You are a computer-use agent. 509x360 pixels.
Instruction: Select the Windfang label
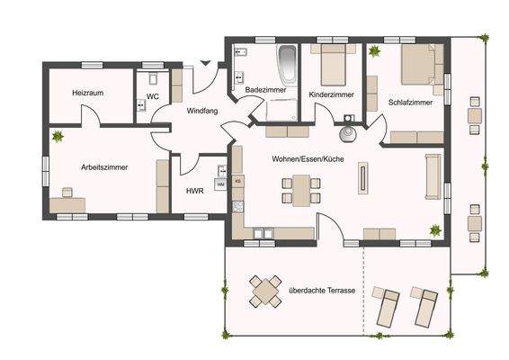[x=200, y=112]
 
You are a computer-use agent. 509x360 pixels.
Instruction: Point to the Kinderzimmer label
[x=330, y=94]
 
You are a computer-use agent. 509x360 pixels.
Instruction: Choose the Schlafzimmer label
[x=410, y=103]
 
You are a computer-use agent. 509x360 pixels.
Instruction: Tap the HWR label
[x=193, y=191]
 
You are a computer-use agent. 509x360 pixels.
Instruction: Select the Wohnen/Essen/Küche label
[x=308, y=157]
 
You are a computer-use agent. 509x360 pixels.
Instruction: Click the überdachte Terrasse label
[x=321, y=292]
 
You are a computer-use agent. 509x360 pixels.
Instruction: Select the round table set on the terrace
[x=266, y=291]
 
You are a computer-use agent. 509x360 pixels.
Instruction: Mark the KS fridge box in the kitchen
[x=238, y=181]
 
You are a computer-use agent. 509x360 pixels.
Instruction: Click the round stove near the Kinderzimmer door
[x=347, y=134]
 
